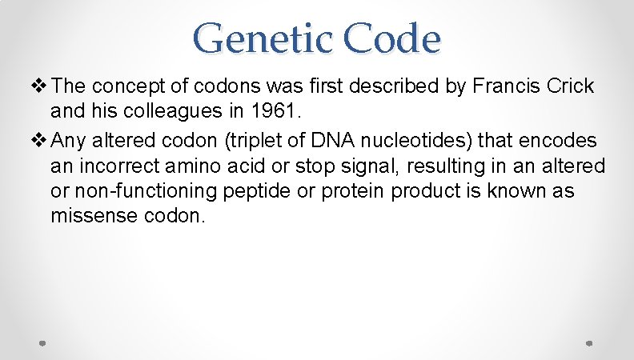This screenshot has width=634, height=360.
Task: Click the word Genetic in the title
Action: pyautogui.click(x=254, y=38)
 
